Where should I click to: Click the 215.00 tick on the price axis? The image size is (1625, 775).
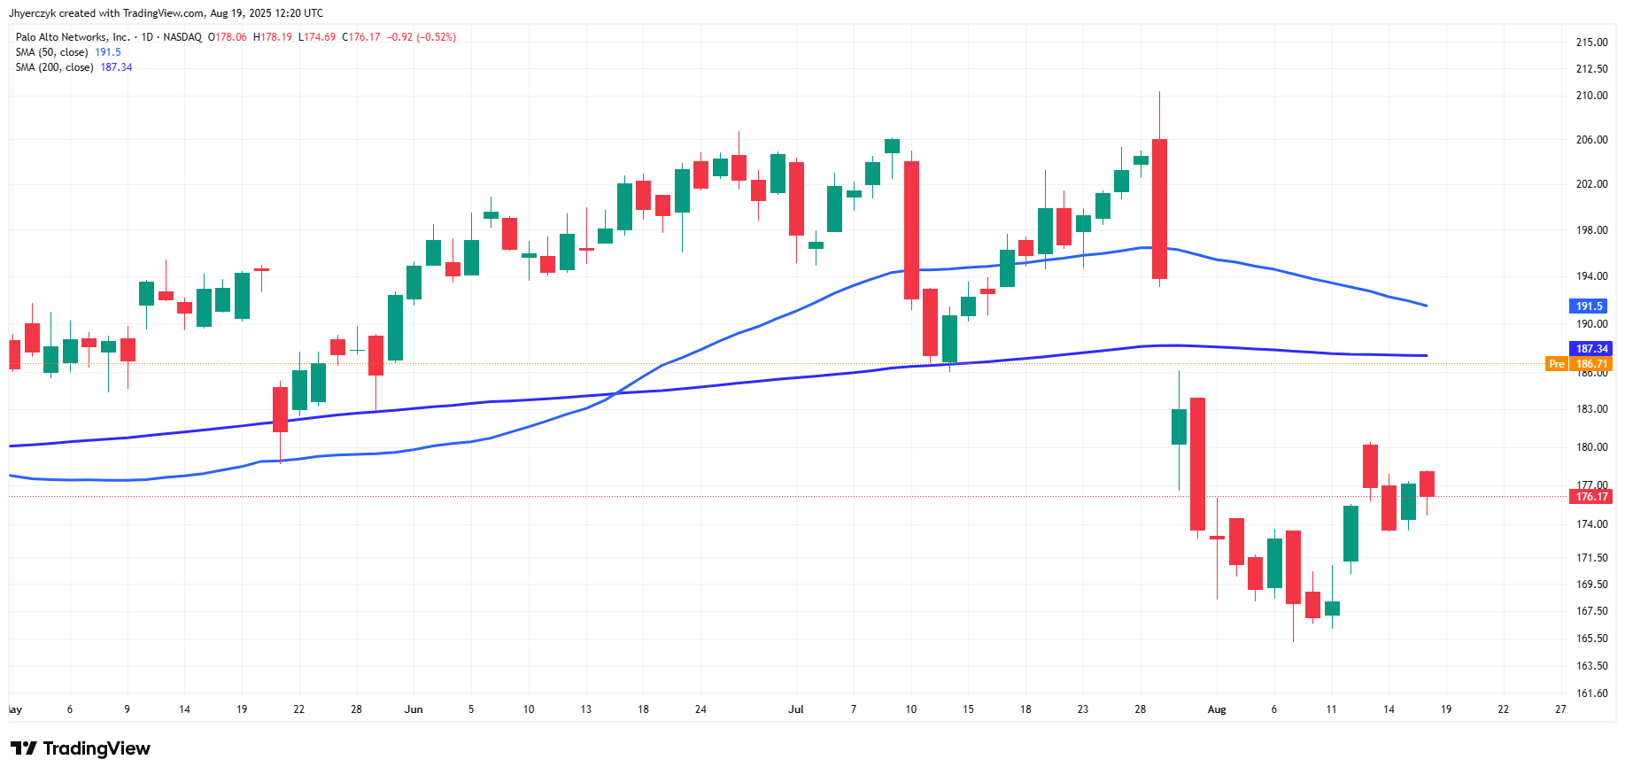point(1591,42)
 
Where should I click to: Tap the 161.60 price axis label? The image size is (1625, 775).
point(1591,694)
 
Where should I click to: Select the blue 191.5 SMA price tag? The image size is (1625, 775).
point(1589,306)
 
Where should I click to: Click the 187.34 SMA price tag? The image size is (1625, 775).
point(1590,349)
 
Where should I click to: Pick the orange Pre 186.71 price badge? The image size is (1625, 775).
point(1579,364)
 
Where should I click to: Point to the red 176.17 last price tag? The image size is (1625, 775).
point(1590,497)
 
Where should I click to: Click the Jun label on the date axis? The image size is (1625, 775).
point(414,709)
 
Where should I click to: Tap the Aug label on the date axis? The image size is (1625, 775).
point(1217,709)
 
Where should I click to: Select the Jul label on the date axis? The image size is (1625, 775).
point(796,709)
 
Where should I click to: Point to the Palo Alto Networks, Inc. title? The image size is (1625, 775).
point(73,37)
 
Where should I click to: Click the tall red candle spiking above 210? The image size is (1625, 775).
point(1159,208)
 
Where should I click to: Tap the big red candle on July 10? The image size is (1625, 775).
point(911,230)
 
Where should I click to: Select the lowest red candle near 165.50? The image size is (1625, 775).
point(1293,567)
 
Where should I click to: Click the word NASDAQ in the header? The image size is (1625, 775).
point(182,37)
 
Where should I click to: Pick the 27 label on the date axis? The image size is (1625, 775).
point(1560,709)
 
